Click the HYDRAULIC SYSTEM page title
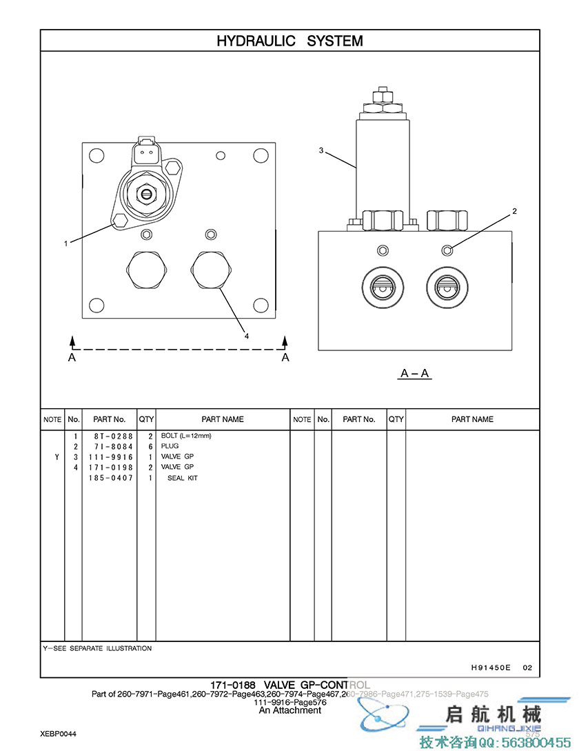pos(289,41)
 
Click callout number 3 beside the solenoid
pos(321,150)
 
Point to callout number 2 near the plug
pos(514,211)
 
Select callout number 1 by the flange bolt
pos(66,243)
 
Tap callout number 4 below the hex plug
pos(246,335)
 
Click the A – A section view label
pos(415,374)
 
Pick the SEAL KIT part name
pos(183,478)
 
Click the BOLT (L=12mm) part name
pos(186,436)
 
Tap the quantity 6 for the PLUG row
pos(150,446)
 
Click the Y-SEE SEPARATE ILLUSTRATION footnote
pos(97,648)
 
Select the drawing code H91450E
pos(491,668)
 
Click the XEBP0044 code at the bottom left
pos(58,734)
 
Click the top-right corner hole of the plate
pos(261,156)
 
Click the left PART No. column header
pos(109,419)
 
